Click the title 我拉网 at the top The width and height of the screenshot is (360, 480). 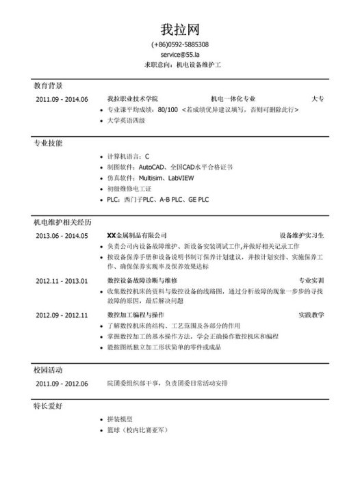point(180,29)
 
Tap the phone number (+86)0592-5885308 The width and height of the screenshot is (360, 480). point(180,45)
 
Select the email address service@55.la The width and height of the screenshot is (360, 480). point(180,54)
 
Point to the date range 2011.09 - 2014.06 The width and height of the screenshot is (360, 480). point(62,99)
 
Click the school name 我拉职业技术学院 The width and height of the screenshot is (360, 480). point(133,99)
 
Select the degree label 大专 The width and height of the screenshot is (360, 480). point(318,99)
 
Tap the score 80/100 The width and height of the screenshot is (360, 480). point(168,109)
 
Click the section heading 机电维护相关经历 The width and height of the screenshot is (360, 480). point(62,223)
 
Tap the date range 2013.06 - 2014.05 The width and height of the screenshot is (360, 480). point(62,236)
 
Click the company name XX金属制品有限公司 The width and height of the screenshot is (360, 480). point(137,236)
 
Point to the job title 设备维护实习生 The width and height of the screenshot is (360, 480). point(303,236)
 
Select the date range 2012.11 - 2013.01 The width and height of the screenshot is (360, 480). point(62,281)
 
